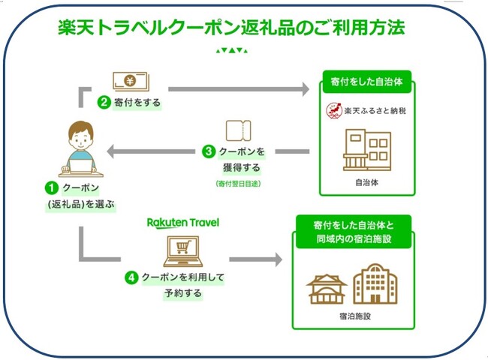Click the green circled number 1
(x=52, y=188)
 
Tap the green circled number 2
(x=104, y=102)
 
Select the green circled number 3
(x=209, y=151)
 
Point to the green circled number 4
(x=131, y=277)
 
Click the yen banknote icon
(x=131, y=81)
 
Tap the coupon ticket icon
(x=239, y=130)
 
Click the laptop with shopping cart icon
(x=183, y=251)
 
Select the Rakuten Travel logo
(x=183, y=223)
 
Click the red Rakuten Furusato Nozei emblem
(x=334, y=111)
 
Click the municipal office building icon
(x=367, y=150)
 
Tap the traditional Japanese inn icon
(x=327, y=289)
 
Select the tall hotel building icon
(x=375, y=283)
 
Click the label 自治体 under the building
(x=367, y=182)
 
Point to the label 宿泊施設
(x=355, y=316)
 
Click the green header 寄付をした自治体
(x=367, y=82)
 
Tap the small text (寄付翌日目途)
(x=238, y=184)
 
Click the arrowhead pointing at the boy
(x=111, y=151)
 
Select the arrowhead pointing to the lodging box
(x=278, y=259)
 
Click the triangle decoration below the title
(x=232, y=50)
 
